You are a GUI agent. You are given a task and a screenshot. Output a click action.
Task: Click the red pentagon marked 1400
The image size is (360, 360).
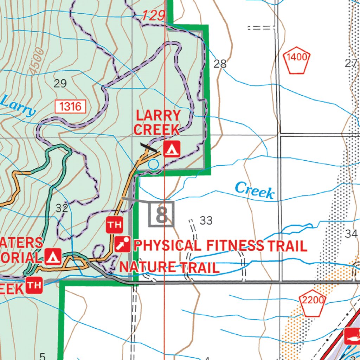[297, 60]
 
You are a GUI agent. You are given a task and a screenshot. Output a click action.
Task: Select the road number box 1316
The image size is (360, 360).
[70, 106]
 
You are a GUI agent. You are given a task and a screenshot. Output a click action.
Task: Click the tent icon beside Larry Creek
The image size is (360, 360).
[172, 149]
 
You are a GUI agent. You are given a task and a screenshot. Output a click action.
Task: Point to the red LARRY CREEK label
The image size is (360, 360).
[157, 122]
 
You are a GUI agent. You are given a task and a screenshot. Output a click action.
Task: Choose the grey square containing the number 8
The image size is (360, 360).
[161, 214]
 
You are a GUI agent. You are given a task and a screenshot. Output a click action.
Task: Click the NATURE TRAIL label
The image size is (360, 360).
[169, 267]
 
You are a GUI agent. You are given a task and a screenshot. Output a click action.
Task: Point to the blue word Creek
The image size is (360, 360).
[255, 191]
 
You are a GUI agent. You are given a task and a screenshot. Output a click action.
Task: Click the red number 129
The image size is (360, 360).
[154, 16]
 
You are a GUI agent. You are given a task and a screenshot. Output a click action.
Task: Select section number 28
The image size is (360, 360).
[220, 64]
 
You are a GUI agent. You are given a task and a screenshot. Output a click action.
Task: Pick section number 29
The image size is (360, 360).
[60, 83]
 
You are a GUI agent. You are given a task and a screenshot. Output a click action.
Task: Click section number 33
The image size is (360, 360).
[206, 221]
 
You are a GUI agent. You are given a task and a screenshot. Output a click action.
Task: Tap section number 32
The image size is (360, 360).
[62, 208]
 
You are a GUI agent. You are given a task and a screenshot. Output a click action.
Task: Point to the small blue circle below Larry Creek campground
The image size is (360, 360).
[153, 164]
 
